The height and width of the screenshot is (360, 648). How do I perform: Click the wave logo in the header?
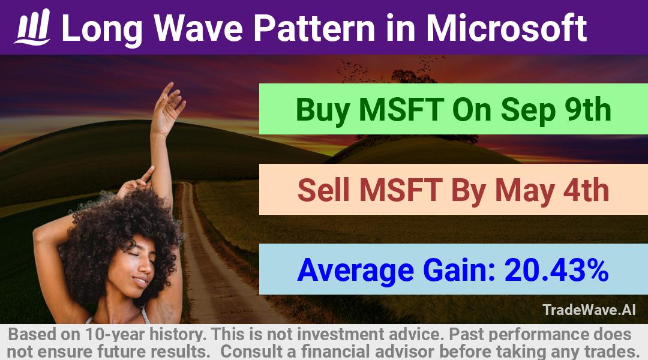tap(32, 27)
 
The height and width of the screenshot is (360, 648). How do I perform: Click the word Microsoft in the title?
tap(506, 28)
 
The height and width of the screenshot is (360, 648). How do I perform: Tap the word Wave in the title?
tap(199, 28)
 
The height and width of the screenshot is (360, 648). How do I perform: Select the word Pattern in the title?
tap(314, 28)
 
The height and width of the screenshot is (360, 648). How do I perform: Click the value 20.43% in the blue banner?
tap(556, 270)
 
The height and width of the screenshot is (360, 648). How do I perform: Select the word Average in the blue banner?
tap(355, 271)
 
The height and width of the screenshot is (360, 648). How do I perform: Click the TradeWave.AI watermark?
tap(589, 310)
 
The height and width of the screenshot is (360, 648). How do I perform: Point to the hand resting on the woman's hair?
tap(136, 182)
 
